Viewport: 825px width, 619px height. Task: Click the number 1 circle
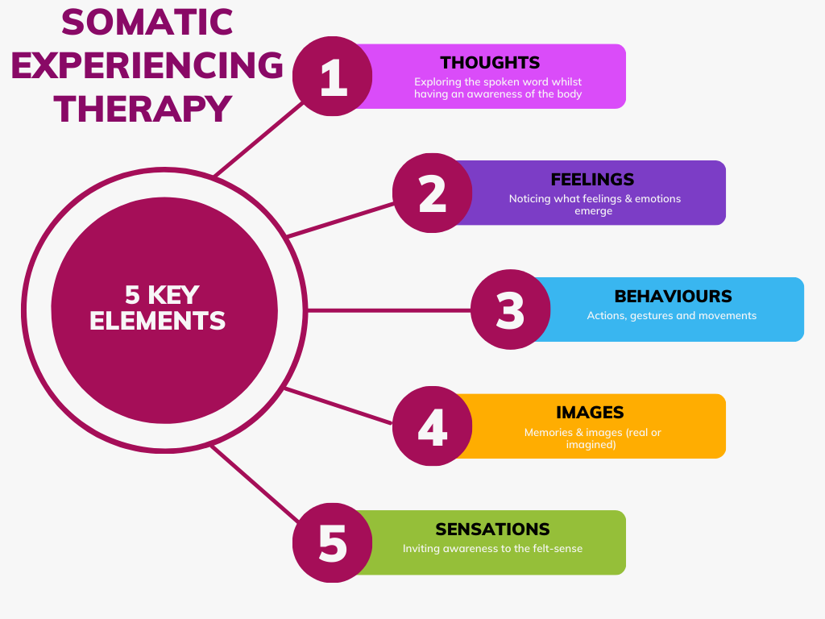[x=332, y=77]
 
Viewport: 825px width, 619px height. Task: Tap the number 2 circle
[x=433, y=193]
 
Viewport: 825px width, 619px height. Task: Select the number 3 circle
[x=510, y=309]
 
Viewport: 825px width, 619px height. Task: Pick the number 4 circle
[x=433, y=426]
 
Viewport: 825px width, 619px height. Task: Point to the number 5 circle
[x=332, y=542]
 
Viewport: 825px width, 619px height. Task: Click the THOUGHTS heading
[x=490, y=63]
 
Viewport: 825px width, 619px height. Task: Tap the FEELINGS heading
[x=592, y=180]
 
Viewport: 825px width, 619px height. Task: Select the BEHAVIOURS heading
[x=673, y=296]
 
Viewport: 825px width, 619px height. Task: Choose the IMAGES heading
[x=590, y=412]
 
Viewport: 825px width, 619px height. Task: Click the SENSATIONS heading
[x=492, y=529]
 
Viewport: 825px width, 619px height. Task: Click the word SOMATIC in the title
[x=147, y=22]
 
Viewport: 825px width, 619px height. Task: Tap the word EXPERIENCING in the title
[x=147, y=65]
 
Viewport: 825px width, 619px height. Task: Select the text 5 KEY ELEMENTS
[x=158, y=308]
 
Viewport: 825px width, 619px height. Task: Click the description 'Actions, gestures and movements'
[x=671, y=316]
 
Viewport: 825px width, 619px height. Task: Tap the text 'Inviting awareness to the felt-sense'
[x=492, y=549]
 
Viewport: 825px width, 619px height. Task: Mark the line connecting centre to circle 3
[x=387, y=309]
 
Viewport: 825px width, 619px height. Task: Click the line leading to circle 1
[x=259, y=139]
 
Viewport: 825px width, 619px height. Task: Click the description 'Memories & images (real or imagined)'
[x=592, y=438]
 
